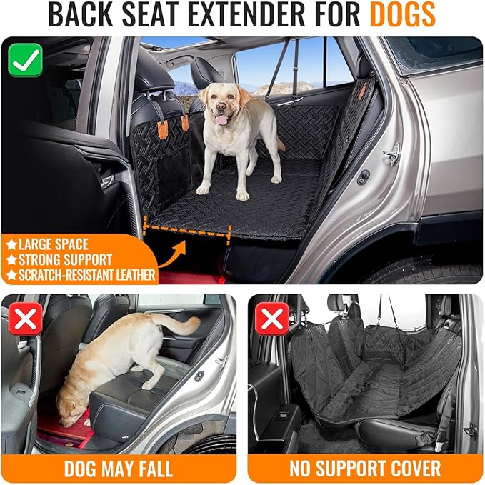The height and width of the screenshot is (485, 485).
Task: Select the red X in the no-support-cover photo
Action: coord(272,320)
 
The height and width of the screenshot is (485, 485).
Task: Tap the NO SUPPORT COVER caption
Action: coord(364,469)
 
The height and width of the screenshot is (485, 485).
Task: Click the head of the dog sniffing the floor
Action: coord(71,409)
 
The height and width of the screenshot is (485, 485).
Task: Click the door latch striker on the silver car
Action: coord(392,153)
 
